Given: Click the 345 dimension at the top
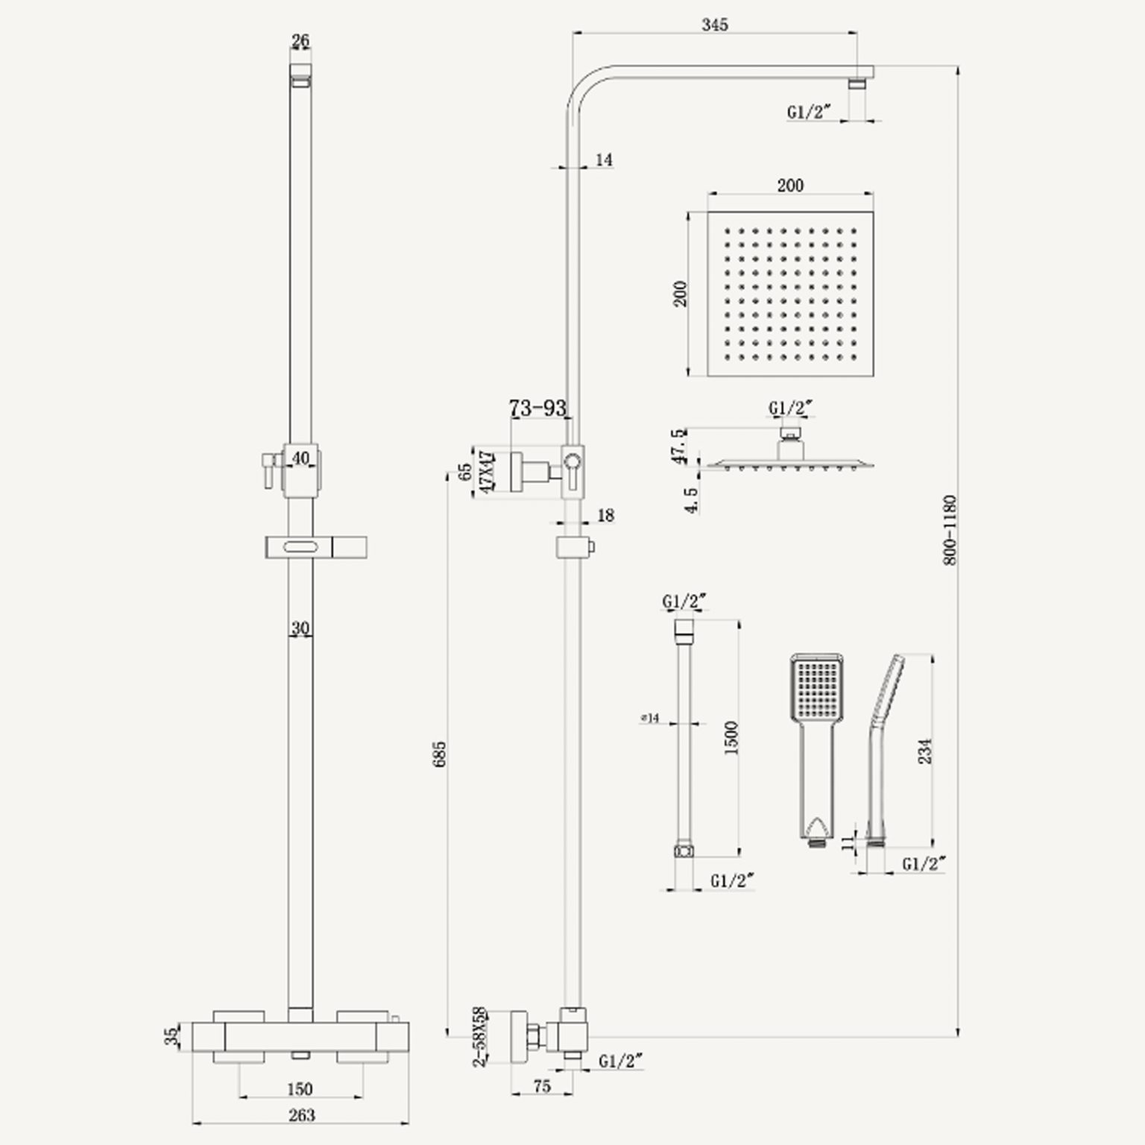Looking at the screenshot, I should point(714,25).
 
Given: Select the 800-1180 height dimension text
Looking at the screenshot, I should point(950,529).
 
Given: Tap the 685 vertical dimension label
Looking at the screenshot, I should point(439,754).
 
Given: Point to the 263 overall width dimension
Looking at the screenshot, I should point(301,1115).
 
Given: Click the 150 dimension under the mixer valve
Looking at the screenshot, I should point(300,1089).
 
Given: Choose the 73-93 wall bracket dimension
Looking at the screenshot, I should point(537,409).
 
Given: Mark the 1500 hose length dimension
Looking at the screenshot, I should point(731,737).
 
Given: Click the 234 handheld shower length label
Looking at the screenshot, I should point(925,751).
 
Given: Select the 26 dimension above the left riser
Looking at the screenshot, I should point(300,41).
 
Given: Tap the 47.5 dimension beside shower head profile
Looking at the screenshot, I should point(678,446).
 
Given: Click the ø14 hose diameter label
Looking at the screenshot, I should point(650,718).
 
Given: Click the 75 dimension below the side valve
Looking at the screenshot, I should point(542,1086).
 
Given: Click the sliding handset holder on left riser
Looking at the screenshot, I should point(315,548).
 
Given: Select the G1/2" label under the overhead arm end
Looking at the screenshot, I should point(809,113).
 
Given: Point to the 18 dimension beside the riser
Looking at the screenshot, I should point(605,515).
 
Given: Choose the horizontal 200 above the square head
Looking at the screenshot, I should point(790,185).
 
